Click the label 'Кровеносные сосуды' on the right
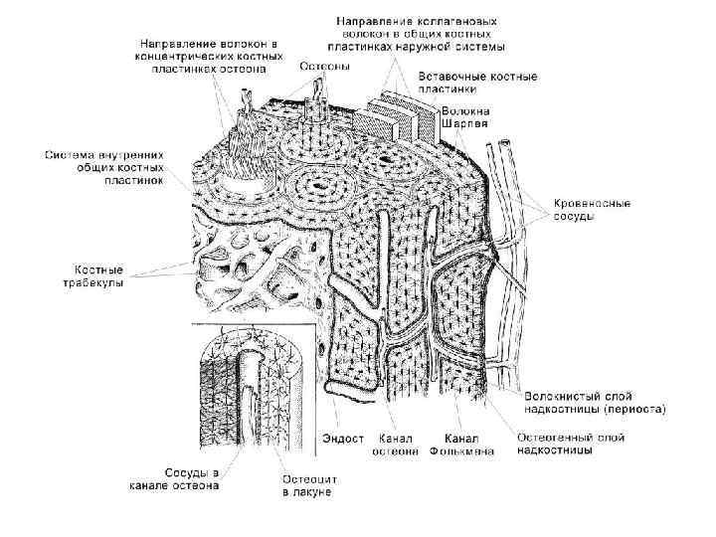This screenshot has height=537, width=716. pos(592,210)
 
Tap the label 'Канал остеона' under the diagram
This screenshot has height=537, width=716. pos(395,445)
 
